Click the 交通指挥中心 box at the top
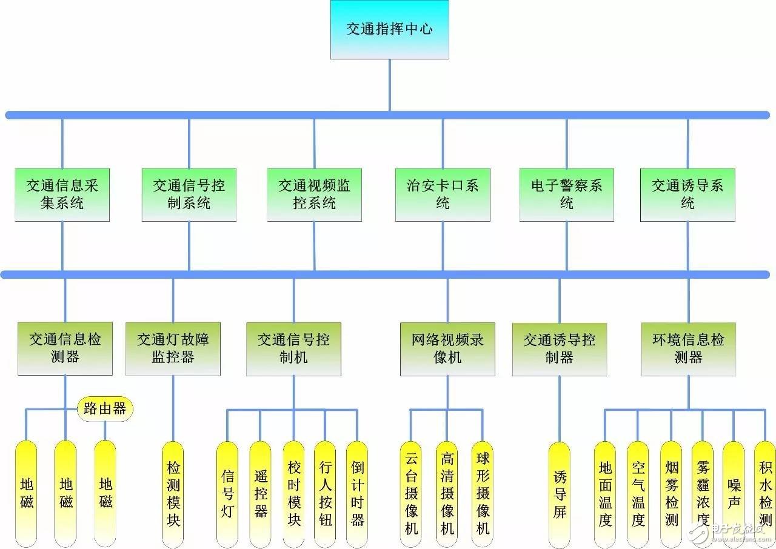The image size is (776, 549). pyautogui.click(x=390, y=30)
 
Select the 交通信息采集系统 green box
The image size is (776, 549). pyautogui.click(x=62, y=195)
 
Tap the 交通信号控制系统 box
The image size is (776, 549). pyautogui.click(x=189, y=195)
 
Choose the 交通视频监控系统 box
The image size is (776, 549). pyautogui.click(x=314, y=195)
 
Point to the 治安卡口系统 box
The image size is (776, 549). pyautogui.click(x=443, y=195)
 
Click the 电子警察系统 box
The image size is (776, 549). pyautogui.click(x=566, y=195)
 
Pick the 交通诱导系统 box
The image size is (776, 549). pyautogui.click(x=687, y=195)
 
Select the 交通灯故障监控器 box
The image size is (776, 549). pyautogui.click(x=173, y=349)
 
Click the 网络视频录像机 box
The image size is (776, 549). pyautogui.click(x=447, y=349)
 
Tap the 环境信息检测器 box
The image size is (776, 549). pyautogui.click(x=689, y=349)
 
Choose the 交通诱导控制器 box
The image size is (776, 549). pyautogui.click(x=560, y=349)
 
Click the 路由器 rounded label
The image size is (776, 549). pyautogui.click(x=105, y=409)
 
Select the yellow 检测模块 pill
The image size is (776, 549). pyautogui.click(x=173, y=494)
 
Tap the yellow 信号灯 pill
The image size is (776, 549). pyautogui.click(x=227, y=494)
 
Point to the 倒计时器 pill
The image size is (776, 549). pyautogui.click(x=357, y=494)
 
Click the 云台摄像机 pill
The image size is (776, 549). pyautogui.click(x=411, y=494)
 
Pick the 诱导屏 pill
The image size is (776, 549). pyautogui.click(x=560, y=495)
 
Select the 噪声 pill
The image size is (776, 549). pyautogui.click(x=734, y=494)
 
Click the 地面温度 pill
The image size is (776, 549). pyautogui.click(x=605, y=494)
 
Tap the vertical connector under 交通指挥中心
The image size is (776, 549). pyautogui.click(x=390, y=85)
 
